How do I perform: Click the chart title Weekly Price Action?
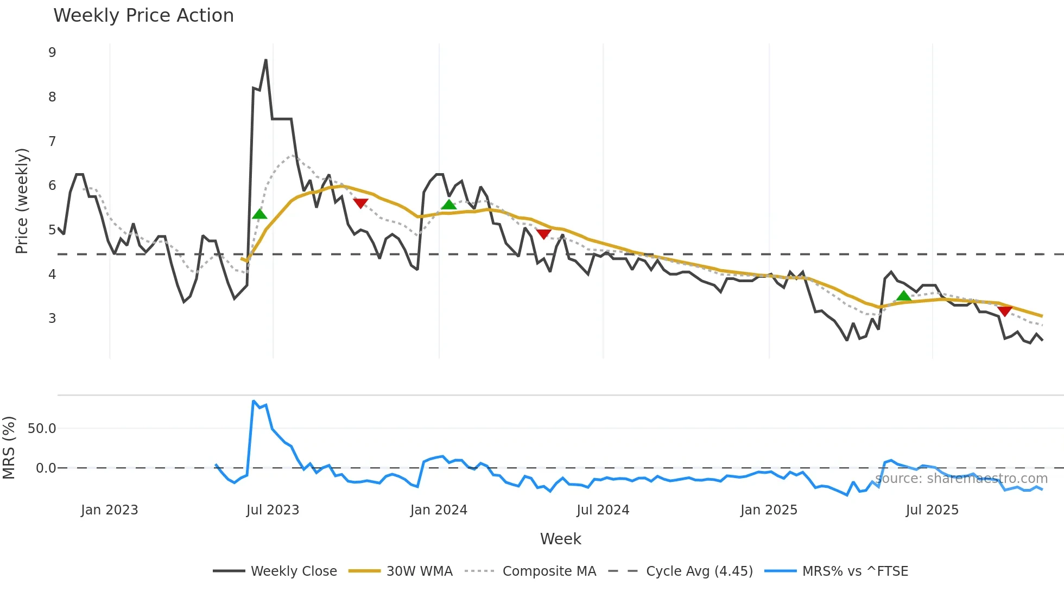[x=143, y=16]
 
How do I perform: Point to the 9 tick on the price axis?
[x=52, y=53]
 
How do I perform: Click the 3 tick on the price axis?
[x=52, y=319]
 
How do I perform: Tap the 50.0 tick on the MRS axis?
[x=42, y=429]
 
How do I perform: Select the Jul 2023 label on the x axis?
[x=273, y=510]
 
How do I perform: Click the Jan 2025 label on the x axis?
[x=769, y=510]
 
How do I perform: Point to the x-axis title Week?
[x=560, y=539]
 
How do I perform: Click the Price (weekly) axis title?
[x=22, y=201]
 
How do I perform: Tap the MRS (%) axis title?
[x=9, y=448]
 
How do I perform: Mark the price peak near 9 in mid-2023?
[x=265, y=60]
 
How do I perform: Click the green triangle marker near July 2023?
[x=259, y=214]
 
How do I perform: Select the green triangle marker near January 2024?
[x=449, y=205]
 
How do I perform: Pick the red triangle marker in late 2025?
[x=1004, y=311]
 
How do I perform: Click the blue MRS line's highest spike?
[x=254, y=402]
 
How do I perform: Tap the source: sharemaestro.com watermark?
[x=961, y=479]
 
